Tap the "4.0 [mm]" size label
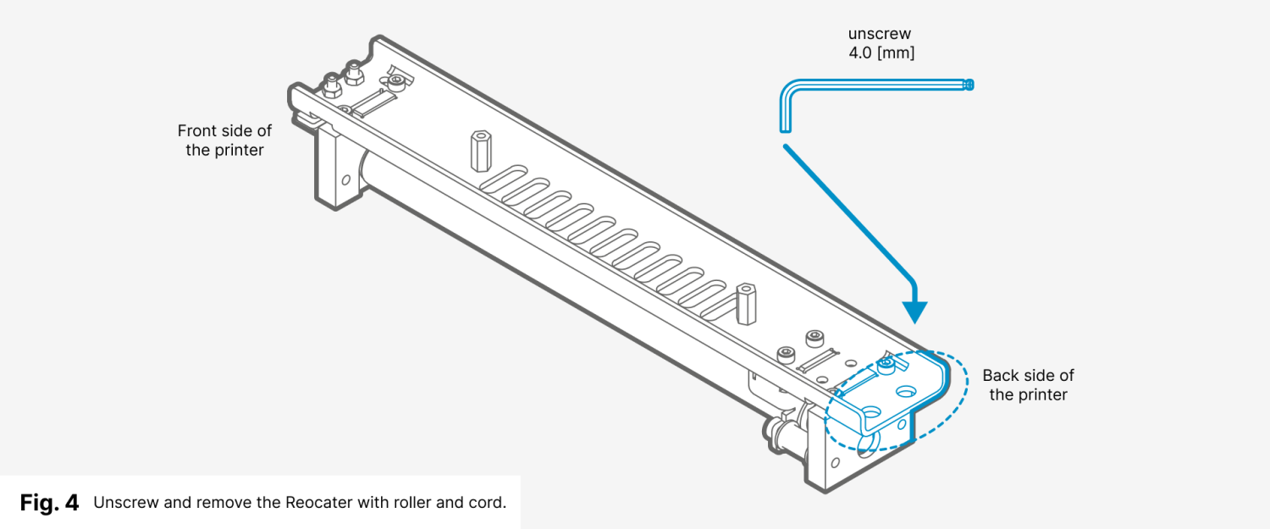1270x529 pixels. (x=881, y=52)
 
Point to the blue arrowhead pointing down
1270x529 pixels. (x=914, y=311)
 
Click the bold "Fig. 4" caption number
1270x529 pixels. (x=49, y=503)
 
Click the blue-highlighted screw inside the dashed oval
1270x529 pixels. (x=886, y=366)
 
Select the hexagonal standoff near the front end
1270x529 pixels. (x=478, y=149)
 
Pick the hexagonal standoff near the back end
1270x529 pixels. (x=746, y=303)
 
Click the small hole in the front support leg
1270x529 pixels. (x=345, y=179)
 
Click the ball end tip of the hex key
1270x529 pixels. (x=969, y=84)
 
